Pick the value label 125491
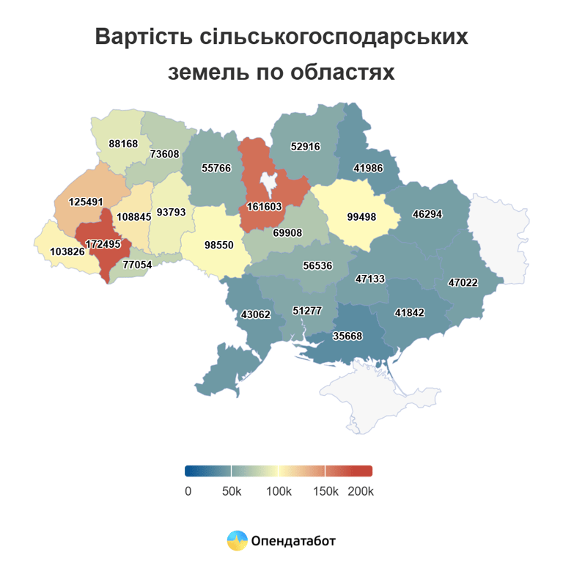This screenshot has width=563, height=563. [87, 201]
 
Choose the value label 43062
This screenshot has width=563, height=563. [256, 314]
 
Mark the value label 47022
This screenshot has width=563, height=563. [463, 281]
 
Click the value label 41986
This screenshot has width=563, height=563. [368, 168]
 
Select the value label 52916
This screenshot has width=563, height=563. [306, 146]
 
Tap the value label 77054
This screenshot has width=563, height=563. [137, 264]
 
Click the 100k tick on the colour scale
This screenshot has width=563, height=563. [279, 490]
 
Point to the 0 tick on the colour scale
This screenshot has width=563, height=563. [188, 490]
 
